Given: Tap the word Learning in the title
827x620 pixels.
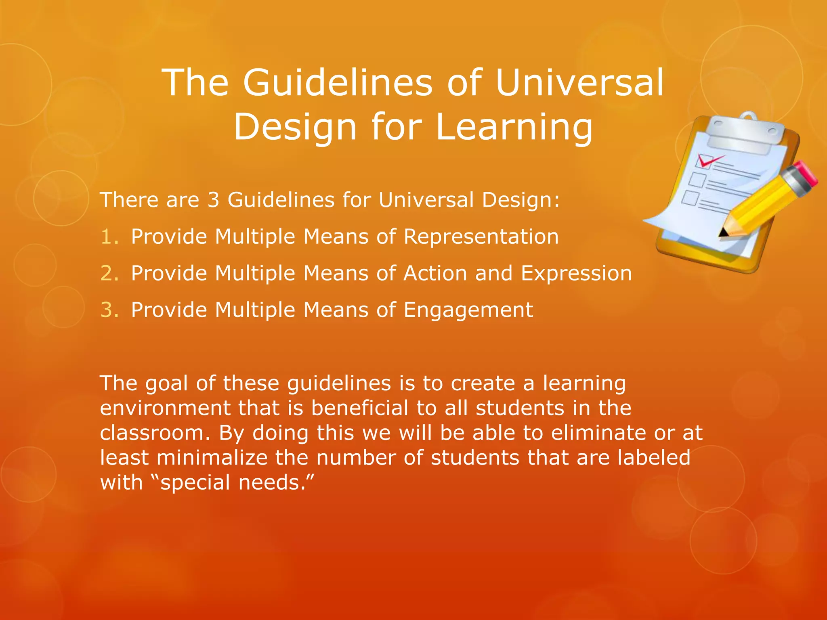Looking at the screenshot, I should click(x=514, y=127).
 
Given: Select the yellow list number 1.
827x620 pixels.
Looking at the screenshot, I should click(x=109, y=237).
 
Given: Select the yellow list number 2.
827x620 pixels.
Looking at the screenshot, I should click(x=109, y=273).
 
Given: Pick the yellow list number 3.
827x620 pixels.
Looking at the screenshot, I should click(x=109, y=310).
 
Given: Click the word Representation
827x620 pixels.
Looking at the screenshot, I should click(x=481, y=237).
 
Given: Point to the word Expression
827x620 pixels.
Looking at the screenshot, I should click(x=576, y=273).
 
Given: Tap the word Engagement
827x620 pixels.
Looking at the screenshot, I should click(x=468, y=310).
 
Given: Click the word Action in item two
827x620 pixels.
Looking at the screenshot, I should click(x=435, y=273).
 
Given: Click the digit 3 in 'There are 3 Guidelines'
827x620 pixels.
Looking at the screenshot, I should click(x=213, y=200).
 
